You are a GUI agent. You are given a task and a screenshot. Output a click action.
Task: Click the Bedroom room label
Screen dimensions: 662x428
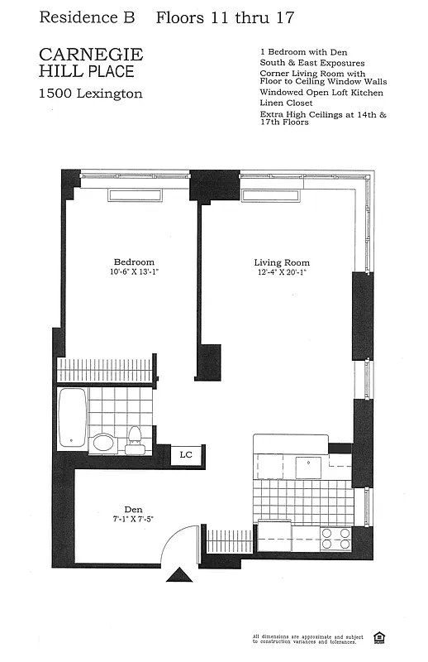133,262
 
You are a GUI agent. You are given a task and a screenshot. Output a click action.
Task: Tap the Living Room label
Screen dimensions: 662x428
279,262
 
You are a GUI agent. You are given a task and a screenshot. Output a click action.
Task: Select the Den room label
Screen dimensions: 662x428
133,509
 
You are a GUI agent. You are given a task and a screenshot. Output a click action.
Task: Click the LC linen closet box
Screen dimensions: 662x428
186,454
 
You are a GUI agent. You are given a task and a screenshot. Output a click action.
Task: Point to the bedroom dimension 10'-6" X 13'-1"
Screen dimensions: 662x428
133,272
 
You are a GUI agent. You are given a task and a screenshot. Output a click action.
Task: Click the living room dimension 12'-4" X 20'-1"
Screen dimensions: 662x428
280,272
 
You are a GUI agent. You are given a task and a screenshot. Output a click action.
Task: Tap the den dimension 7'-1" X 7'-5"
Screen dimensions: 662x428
133,519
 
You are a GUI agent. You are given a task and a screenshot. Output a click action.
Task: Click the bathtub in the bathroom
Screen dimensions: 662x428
71,419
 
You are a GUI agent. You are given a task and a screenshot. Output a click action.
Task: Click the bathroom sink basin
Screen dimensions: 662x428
104,442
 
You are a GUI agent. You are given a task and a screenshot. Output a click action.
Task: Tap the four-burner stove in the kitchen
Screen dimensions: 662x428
335,539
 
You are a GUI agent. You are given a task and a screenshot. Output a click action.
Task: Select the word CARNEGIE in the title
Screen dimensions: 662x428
91,55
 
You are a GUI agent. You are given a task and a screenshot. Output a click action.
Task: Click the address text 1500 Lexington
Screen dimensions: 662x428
91,94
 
